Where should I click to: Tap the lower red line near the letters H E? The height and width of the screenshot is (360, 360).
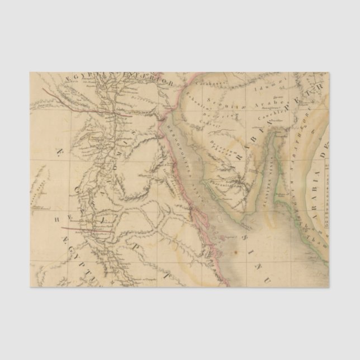pyautogui.click(x=89, y=229)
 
